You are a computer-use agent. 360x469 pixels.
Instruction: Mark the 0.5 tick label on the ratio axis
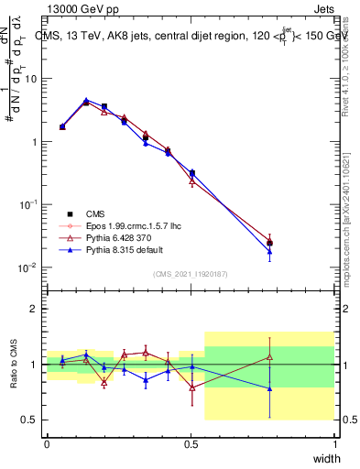(x=31, y=420)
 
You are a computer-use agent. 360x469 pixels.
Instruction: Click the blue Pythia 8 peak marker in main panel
(x=86, y=101)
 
